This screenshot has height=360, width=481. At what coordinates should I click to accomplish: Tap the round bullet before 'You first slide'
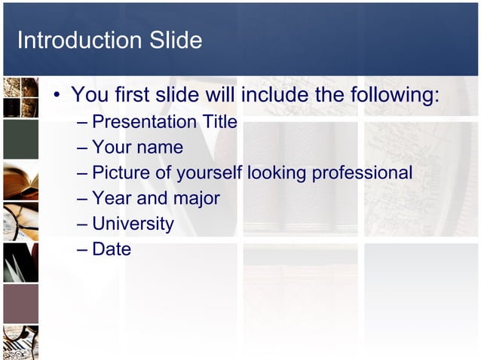[x=57, y=96]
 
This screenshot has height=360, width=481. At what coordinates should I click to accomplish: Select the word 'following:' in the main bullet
[x=394, y=96]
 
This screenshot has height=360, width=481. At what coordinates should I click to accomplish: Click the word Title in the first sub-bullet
[x=219, y=122]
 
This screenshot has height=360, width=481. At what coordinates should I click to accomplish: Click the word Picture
[x=120, y=173]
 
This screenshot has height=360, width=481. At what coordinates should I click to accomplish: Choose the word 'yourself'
[x=209, y=173]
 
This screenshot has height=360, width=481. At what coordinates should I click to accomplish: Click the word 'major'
[x=195, y=199]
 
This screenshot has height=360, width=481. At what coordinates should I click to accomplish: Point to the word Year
[x=112, y=199]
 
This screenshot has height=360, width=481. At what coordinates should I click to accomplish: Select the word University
[x=133, y=224]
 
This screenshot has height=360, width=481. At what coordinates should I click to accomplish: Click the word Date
[x=112, y=249]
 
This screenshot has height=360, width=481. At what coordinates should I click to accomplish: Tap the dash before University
[x=81, y=224]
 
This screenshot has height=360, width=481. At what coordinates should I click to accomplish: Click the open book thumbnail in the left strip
[x=20, y=181]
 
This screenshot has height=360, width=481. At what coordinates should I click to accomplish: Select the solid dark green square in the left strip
[x=20, y=139]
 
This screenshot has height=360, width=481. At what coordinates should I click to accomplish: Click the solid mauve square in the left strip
[x=20, y=304]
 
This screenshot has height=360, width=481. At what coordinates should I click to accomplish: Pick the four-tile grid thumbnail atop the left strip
[x=20, y=97]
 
